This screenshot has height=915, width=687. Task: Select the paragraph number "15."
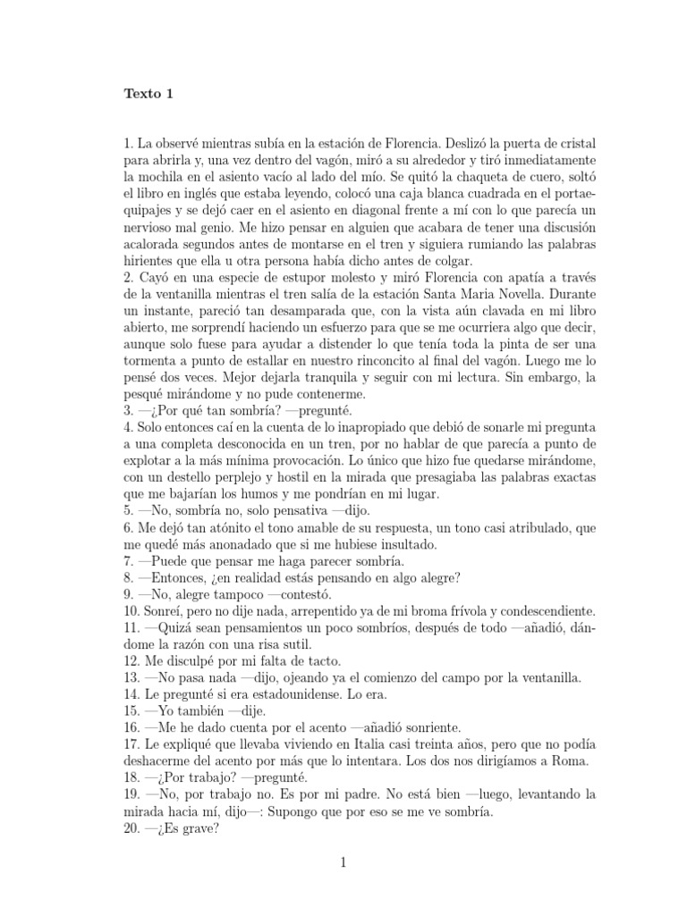point(132,720)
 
